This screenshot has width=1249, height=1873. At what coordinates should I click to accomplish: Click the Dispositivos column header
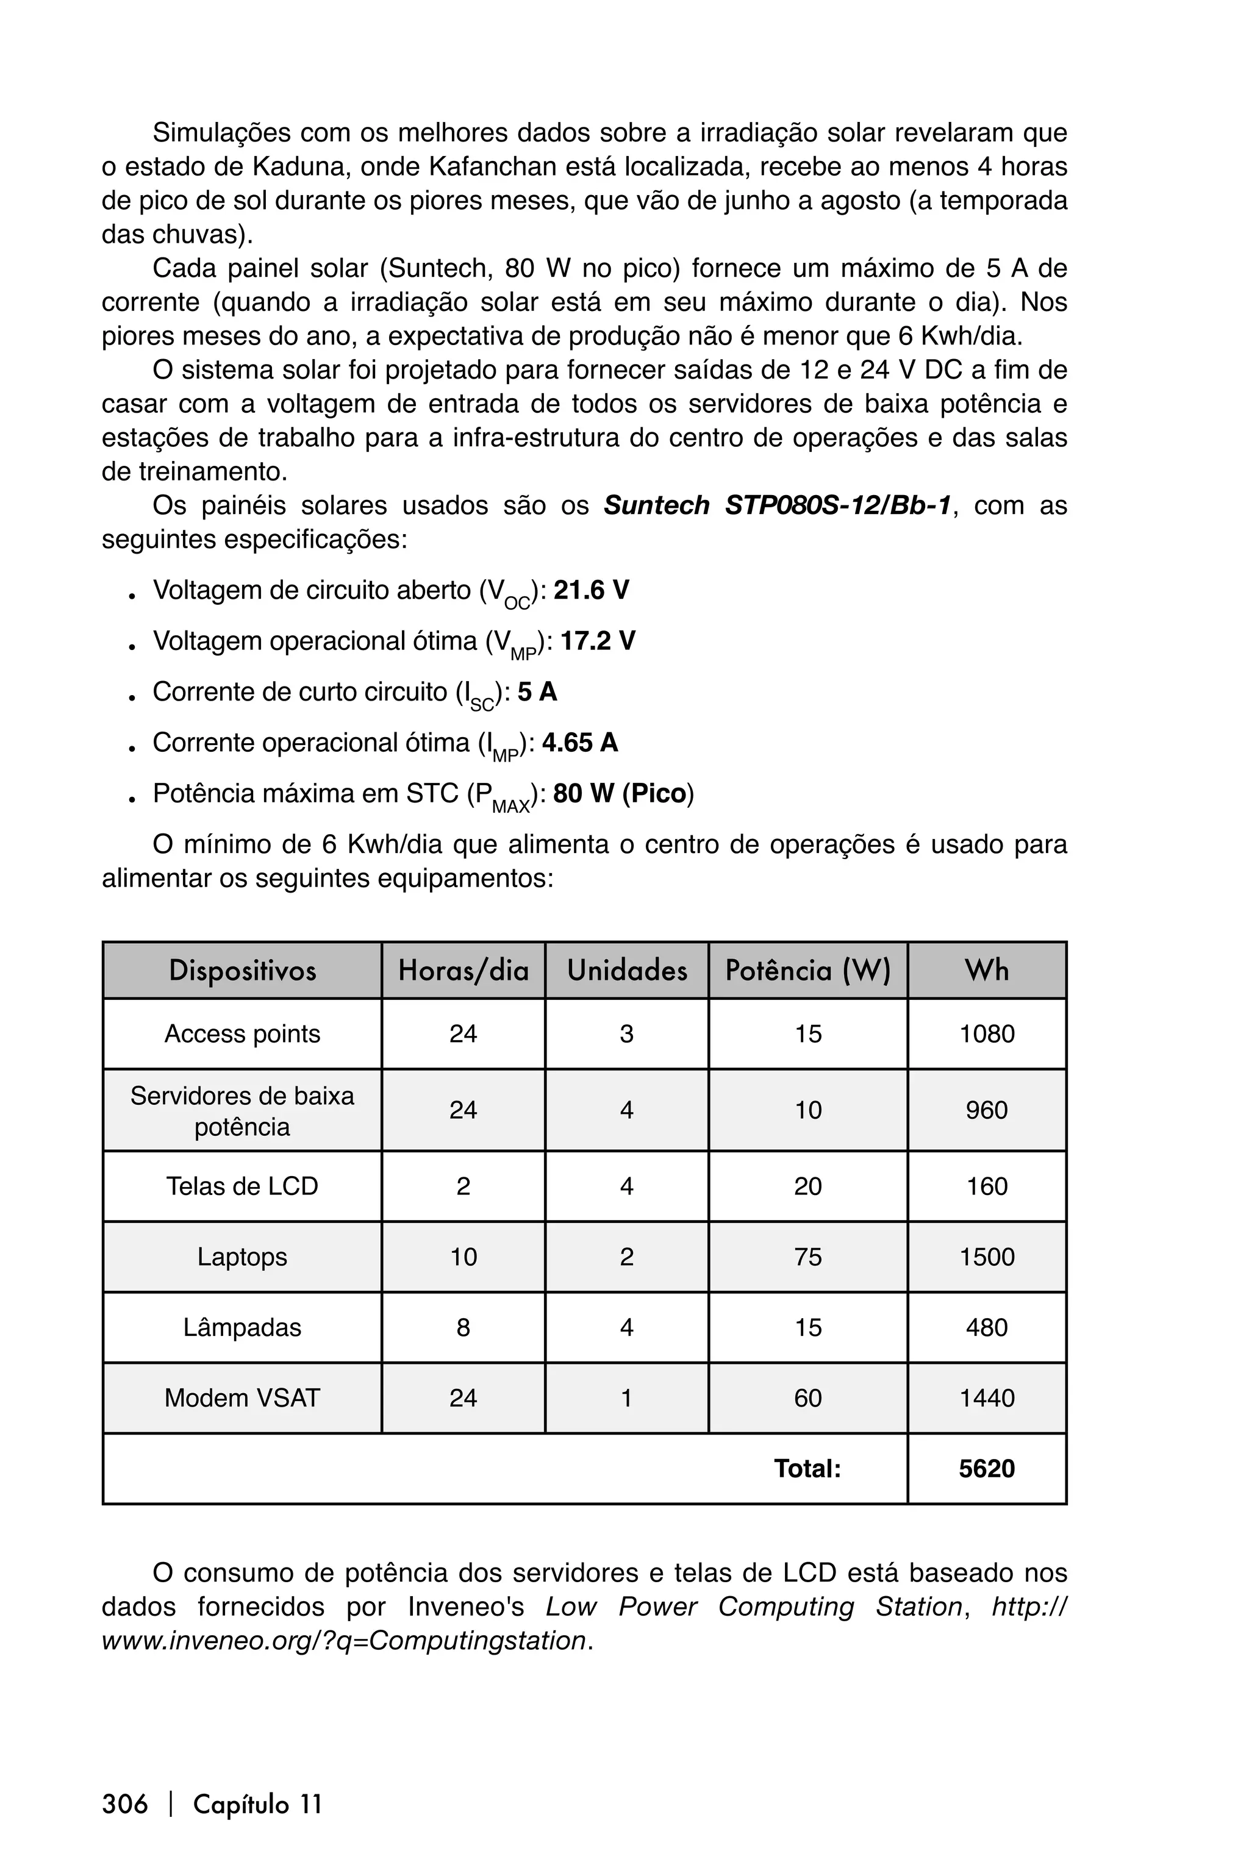(242, 970)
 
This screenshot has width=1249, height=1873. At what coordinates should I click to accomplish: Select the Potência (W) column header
(807, 970)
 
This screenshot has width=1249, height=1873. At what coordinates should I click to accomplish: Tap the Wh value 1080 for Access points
(986, 1033)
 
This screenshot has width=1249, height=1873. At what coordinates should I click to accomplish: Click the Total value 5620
(986, 1468)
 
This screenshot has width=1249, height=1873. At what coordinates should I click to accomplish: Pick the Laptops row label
(242, 1257)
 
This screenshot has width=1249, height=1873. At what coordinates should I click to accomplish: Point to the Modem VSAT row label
(242, 1397)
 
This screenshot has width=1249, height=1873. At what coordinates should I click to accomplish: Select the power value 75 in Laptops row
(807, 1257)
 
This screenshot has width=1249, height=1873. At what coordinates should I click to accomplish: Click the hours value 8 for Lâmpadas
(463, 1327)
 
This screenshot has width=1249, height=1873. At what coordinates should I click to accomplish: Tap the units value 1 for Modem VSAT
(626, 1397)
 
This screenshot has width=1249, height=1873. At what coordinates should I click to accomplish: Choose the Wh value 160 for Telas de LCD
(986, 1186)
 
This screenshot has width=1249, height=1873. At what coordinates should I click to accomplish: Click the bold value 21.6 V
(591, 590)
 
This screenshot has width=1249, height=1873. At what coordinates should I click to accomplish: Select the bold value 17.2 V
(598, 641)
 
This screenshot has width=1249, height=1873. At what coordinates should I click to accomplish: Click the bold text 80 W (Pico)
(620, 793)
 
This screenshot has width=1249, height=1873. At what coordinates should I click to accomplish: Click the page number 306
(125, 1803)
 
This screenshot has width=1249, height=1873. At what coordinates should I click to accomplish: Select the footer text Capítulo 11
(257, 1803)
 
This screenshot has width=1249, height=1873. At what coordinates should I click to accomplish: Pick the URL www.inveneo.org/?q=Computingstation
(344, 1641)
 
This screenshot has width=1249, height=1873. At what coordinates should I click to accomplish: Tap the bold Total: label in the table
(807, 1468)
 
